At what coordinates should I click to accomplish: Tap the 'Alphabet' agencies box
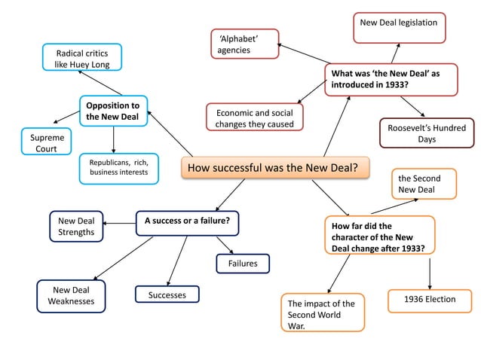(x=244, y=44)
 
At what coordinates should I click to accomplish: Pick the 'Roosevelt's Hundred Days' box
(x=426, y=133)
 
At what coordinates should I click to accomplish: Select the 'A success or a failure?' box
(x=187, y=222)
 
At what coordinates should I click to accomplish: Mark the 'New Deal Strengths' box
(x=76, y=227)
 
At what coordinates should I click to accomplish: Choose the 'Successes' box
(x=167, y=294)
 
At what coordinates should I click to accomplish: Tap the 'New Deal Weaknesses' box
(x=71, y=295)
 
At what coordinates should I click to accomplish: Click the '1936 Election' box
(x=429, y=300)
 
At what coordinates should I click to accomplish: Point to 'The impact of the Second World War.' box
(x=322, y=313)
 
